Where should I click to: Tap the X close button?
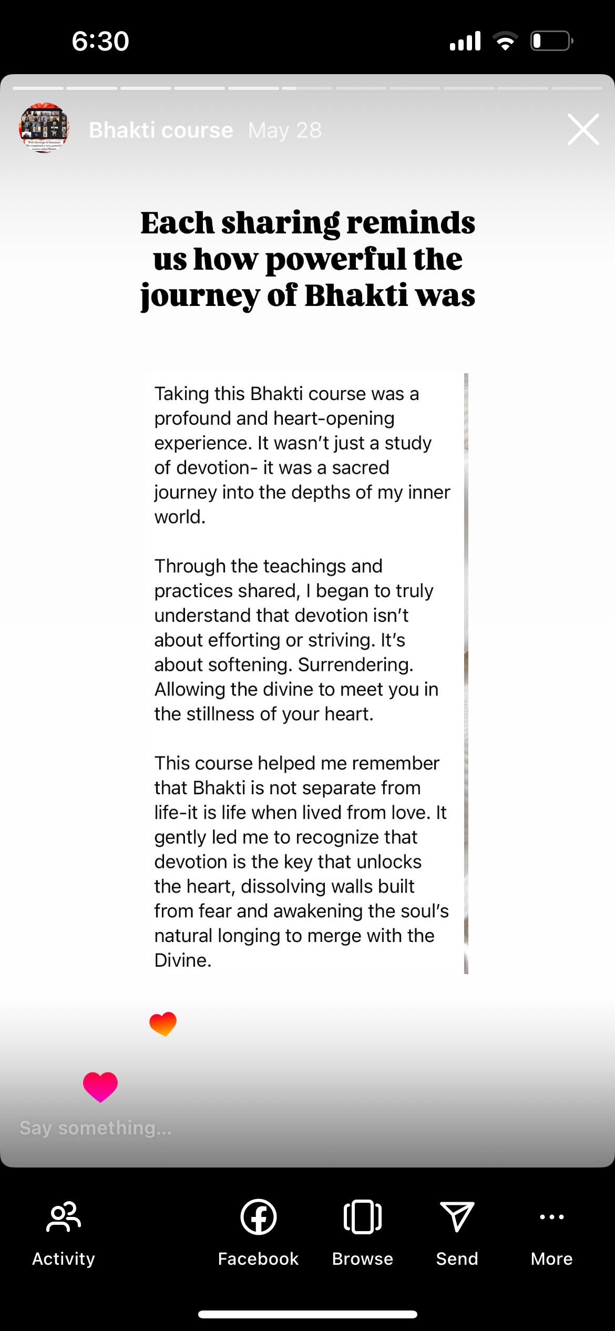coord(583,129)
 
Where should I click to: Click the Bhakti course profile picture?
coord(44,128)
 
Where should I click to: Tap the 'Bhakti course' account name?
coord(161,130)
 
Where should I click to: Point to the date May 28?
coord(285,130)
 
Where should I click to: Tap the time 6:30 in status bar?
coord(100,41)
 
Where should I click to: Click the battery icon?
coord(551,41)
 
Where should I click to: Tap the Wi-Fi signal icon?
coord(505,41)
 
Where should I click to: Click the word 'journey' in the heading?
coord(200,295)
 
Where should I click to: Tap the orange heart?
coord(163,1023)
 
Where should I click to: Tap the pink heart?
coord(100,1086)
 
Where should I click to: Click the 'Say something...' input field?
coord(96,1128)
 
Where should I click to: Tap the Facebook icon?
coord(258,1216)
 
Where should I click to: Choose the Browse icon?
coord(363,1216)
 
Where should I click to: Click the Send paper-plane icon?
coord(457,1216)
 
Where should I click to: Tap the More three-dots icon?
coord(551,1216)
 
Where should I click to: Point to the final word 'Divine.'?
coord(183,960)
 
